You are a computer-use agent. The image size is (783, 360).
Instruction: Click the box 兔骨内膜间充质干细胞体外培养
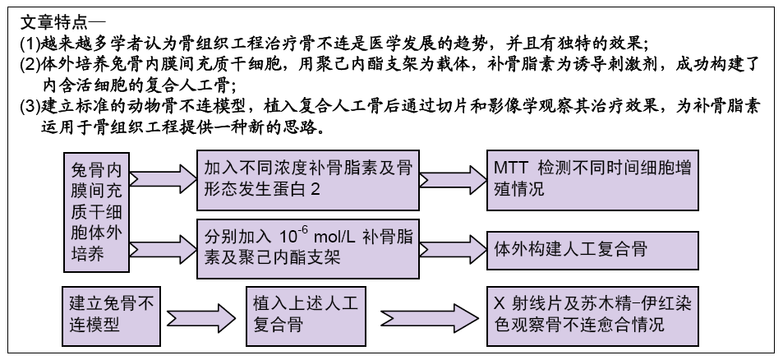(97, 212)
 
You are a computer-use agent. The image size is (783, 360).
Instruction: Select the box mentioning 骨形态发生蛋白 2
(307, 180)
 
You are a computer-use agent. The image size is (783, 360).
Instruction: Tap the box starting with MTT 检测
(592, 180)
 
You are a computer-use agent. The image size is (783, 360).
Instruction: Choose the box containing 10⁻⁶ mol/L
(307, 248)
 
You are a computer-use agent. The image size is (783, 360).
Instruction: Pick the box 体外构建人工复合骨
(592, 250)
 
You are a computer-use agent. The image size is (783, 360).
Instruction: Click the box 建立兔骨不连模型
(111, 316)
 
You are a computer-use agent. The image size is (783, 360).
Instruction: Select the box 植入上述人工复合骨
(306, 316)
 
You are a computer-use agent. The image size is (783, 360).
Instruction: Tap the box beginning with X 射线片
(592, 316)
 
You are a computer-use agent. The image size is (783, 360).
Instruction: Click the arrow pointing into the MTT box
(453, 180)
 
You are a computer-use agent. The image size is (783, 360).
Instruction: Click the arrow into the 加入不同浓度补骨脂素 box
(164, 178)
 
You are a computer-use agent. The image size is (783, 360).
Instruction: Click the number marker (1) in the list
(29, 44)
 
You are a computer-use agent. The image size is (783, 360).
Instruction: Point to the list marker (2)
(29, 65)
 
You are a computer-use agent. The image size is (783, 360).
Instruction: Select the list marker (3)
(29, 106)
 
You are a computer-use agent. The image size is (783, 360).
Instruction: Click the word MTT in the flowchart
(510, 168)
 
